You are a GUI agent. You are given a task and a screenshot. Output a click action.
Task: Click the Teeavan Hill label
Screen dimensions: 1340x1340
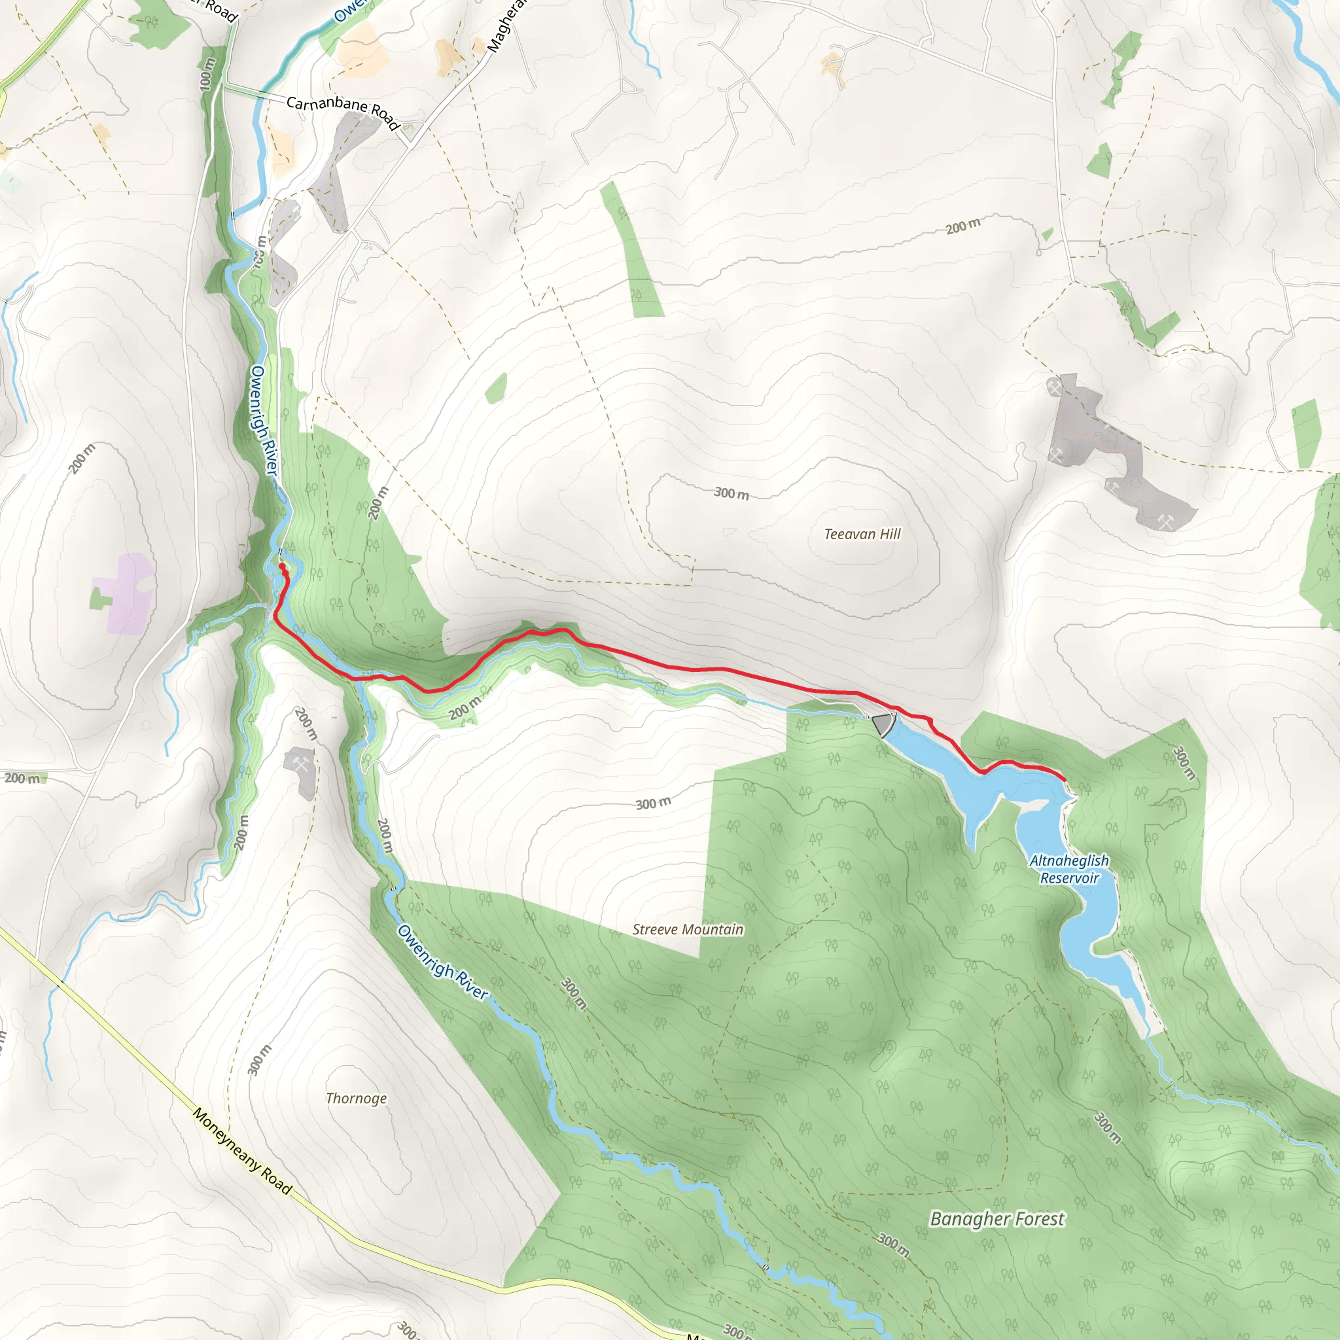click(862, 534)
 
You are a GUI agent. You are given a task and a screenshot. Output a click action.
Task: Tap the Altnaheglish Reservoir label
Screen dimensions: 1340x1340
click(1069, 869)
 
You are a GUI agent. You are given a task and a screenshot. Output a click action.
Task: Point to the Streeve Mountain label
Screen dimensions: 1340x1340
click(688, 929)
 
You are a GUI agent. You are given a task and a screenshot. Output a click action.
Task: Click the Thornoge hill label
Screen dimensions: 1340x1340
click(357, 1098)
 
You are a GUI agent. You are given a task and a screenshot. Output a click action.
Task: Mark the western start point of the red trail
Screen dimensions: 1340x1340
click(282, 567)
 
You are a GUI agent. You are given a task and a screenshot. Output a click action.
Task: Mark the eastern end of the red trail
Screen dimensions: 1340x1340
click(1064, 779)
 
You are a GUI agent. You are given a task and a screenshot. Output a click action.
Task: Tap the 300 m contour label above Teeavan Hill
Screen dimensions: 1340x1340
click(732, 493)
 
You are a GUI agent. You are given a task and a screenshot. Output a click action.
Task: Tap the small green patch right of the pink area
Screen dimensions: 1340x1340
click(99, 598)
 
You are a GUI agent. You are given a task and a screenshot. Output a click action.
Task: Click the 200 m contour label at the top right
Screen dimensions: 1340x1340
click(963, 226)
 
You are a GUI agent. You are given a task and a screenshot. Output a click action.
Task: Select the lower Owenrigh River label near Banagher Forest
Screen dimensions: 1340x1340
click(442, 962)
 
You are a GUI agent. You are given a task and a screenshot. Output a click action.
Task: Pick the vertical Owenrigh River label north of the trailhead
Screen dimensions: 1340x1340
click(264, 421)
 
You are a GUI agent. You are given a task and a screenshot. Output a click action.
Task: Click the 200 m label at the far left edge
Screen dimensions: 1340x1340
click(22, 778)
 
